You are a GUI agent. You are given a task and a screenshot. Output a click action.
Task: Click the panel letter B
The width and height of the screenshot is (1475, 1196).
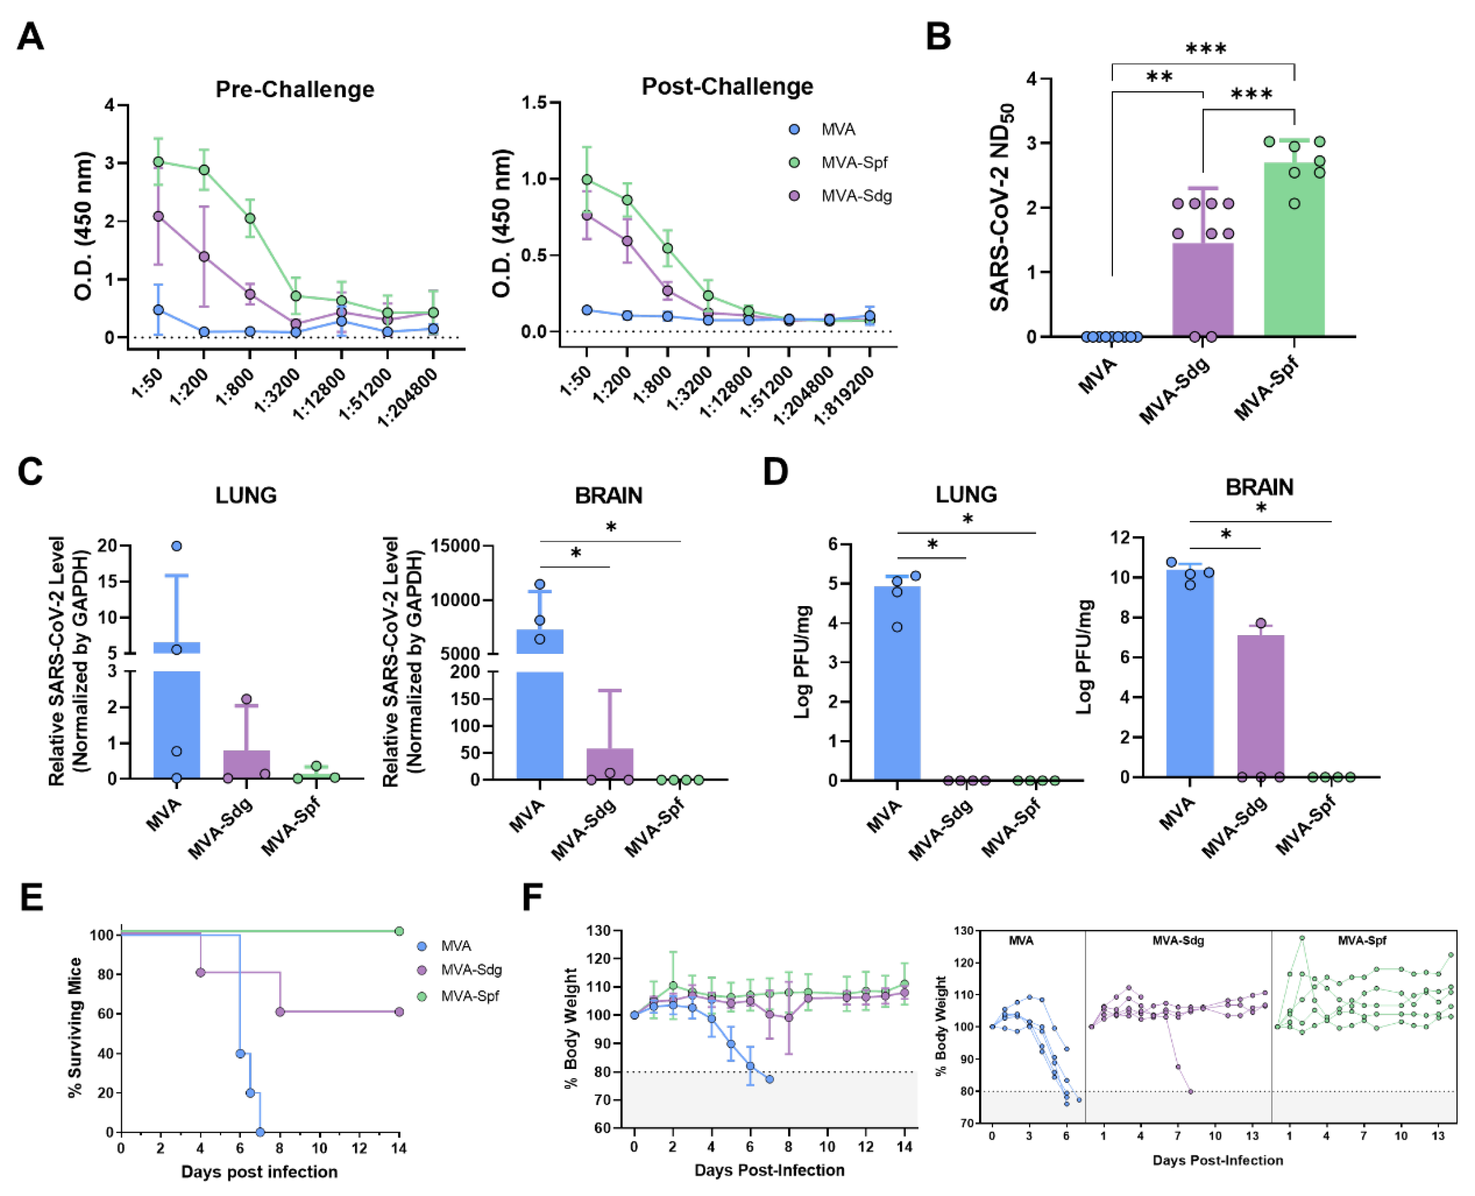point(938,37)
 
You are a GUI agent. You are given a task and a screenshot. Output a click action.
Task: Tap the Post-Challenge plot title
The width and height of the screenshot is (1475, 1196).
point(727,87)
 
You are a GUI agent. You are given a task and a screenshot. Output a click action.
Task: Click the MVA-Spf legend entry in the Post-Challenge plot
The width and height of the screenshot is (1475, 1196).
point(853,163)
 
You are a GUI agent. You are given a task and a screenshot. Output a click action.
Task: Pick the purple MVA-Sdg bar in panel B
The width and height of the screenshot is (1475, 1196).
point(1203,289)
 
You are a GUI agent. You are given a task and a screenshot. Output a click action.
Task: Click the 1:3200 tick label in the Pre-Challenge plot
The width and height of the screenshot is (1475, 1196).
point(278,391)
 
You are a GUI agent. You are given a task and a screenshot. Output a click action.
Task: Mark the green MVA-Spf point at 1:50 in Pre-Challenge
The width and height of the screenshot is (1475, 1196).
point(158,162)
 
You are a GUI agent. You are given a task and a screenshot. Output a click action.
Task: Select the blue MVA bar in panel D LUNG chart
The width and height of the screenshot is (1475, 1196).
point(897,682)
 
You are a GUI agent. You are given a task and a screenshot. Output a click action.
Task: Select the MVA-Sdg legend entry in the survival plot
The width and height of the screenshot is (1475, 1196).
point(471,970)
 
